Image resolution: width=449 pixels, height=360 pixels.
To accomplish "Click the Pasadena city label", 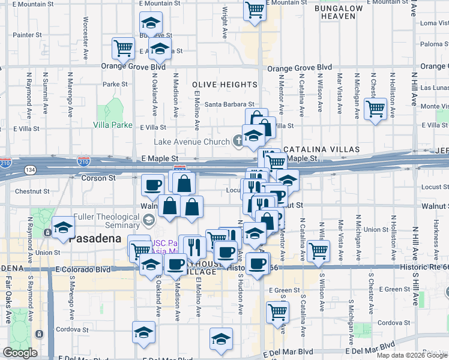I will click(x=91, y=238).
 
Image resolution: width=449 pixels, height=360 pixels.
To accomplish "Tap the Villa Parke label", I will click(x=112, y=125).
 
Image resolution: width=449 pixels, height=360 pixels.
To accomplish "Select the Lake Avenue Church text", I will click(x=192, y=142).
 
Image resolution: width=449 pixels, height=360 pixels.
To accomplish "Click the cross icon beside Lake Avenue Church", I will click(x=238, y=142).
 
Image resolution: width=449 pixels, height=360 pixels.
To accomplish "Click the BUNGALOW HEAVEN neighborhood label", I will click(x=339, y=13).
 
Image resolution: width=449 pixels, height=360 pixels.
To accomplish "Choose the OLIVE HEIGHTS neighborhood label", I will click(x=225, y=85).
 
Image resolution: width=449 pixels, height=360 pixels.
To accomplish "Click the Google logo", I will click(x=20, y=353).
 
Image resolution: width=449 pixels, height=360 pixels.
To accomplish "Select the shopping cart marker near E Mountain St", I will click(x=255, y=10).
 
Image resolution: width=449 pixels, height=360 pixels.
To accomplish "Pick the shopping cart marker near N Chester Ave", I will click(x=376, y=110).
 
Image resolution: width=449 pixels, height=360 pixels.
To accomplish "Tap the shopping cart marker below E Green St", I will click(x=277, y=311).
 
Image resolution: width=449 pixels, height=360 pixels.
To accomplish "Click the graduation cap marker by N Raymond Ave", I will click(x=62, y=228).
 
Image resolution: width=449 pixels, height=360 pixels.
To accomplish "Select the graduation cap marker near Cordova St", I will click(x=144, y=332).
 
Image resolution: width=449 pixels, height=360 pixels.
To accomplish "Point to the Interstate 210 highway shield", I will click(x=84, y=161).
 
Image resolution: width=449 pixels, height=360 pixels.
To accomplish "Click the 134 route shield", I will click(x=29, y=170).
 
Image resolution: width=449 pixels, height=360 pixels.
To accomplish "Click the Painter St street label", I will click(x=27, y=35).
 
